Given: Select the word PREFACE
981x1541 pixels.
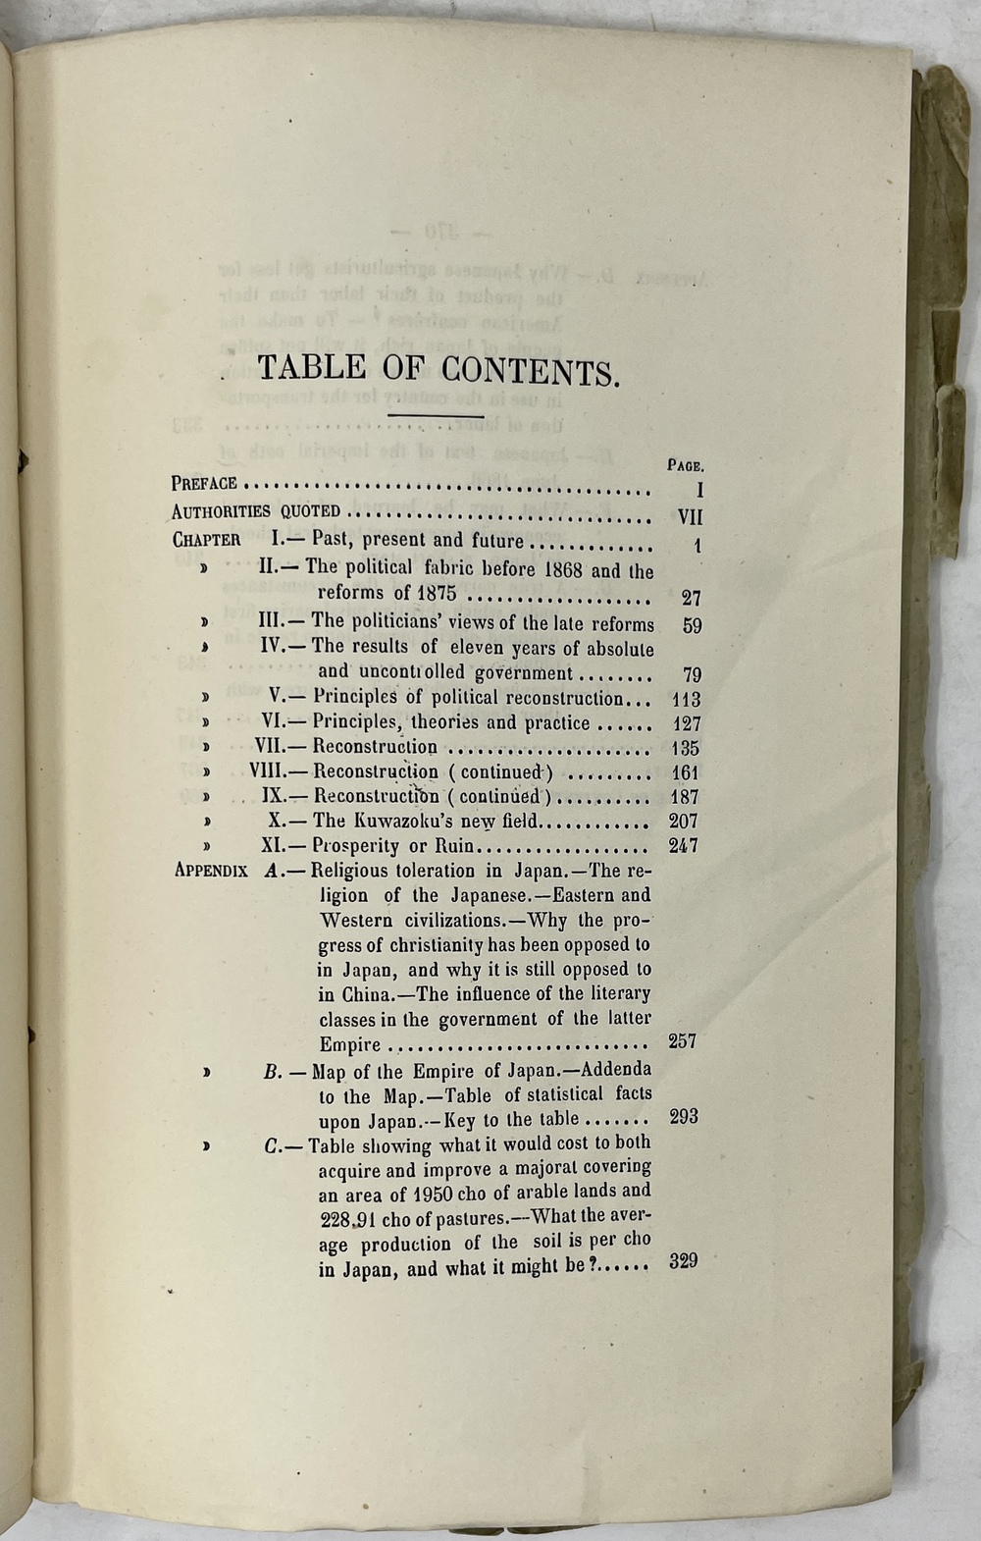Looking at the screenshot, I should [x=204, y=483].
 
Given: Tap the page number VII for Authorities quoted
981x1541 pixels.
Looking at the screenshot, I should [x=690, y=516].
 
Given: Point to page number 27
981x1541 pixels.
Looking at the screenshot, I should [x=691, y=598].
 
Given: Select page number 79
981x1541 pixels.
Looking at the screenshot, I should [x=691, y=674].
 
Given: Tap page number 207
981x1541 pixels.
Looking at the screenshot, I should [x=683, y=822].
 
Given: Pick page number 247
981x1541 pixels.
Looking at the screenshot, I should [x=683, y=845].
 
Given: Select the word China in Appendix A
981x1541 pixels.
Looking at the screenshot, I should [x=350, y=993].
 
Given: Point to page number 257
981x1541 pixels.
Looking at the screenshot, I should [x=682, y=1041].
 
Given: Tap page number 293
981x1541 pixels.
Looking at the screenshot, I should [x=683, y=1117].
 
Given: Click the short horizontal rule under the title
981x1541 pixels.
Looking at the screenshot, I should [x=437, y=416].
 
